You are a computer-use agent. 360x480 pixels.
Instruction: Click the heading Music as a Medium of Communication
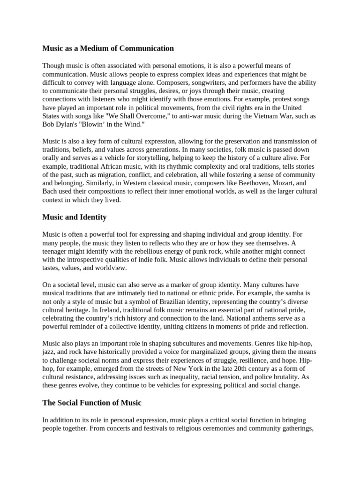click(x=108, y=48)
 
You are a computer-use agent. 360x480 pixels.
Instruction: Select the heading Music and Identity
click(x=75, y=217)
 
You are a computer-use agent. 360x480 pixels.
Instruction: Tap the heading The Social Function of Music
click(x=91, y=403)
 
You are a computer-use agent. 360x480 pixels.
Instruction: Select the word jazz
click(x=50, y=352)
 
